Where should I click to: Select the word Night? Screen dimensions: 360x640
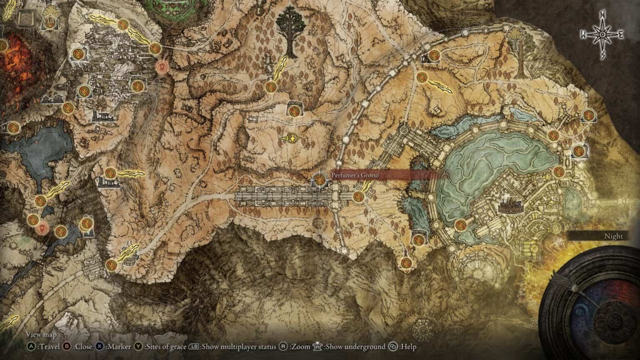(x=613, y=236)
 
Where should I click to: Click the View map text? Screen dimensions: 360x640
(x=41, y=334)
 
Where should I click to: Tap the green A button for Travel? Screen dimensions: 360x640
(x=30, y=346)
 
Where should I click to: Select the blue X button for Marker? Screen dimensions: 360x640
(x=99, y=346)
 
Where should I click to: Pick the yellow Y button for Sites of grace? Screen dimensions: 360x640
(x=138, y=346)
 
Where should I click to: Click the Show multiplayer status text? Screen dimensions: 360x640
(x=239, y=347)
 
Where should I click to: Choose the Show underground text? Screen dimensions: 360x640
(x=355, y=347)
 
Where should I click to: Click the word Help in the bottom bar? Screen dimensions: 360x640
(x=408, y=347)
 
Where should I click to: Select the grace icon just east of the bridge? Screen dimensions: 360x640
(x=358, y=196)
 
